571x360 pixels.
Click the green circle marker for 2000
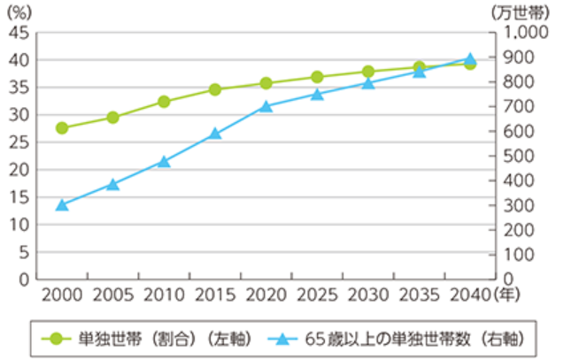pyautogui.click(x=62, y=127)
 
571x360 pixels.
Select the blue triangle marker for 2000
pyautogui.click(x=62, y=205)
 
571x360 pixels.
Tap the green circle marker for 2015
pyautogui.click(x=214, y=89)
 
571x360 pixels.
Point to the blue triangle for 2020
pyautogui.click(x=266, y=106)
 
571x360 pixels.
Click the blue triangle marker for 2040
pyautogui.click(x=470, y=58)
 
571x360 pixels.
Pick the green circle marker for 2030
pyautogui.click(x=368, y=72)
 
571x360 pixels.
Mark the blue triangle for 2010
pyautogui.click(x=164, y=162)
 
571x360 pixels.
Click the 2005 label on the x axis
pyautogui.click(x=112, y=293)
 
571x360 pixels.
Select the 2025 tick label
pyautogui.click(x=317, y=293)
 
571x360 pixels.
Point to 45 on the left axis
pyautogui.click(x=19, y=33)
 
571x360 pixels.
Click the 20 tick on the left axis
pyautogui.click(x=19, y=170)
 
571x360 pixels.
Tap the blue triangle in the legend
pyautogui.click(x=282, y=338)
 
